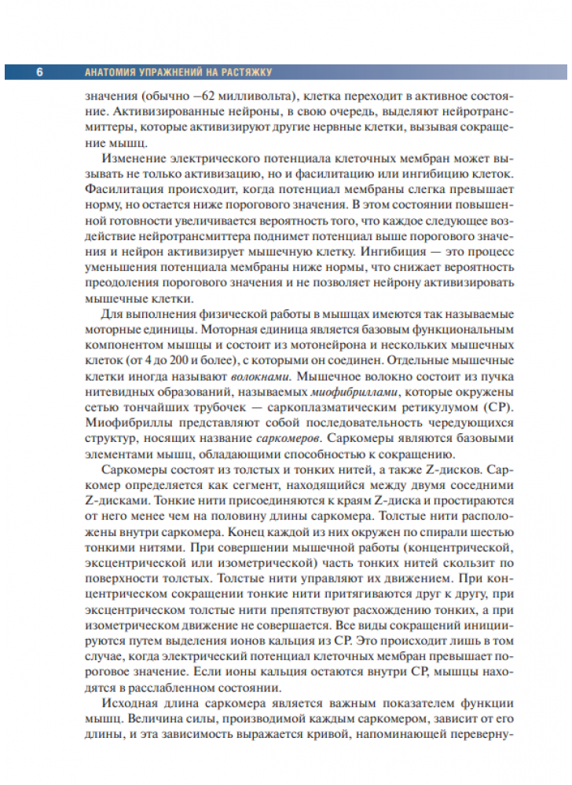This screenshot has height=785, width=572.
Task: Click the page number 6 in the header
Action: [39, 72]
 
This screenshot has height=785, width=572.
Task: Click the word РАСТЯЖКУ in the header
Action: [245, 72]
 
